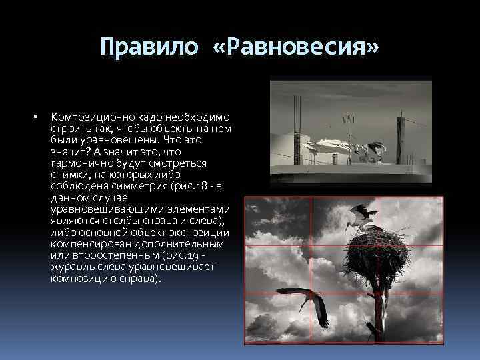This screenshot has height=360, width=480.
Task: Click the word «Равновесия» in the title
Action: [318, 47]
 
